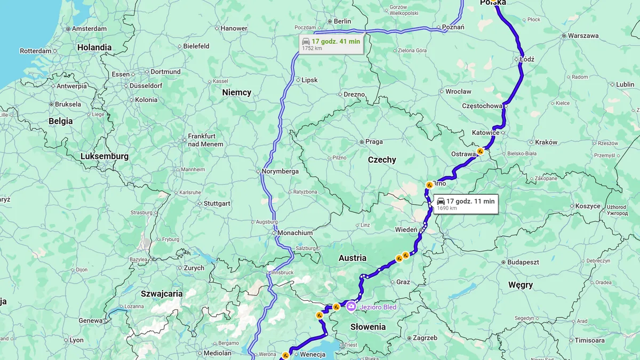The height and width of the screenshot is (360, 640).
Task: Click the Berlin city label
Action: click(342, 21)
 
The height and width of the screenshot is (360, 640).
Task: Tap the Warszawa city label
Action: click(583, 36)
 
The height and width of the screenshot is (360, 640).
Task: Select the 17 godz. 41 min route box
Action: click(331, 44)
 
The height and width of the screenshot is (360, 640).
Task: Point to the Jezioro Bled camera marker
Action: click(351, 306)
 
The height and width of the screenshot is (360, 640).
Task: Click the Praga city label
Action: click(374, 142)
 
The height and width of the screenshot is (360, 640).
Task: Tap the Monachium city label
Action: click(294, 233)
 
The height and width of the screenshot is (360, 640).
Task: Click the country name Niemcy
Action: click(236, 92)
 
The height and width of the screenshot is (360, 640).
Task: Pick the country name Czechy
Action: click(382, 159)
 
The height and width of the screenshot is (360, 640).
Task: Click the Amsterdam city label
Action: click(89, 28)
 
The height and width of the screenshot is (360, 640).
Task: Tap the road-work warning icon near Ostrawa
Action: click(480, 151)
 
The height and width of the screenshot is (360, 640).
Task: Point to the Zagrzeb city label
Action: click(425, 338)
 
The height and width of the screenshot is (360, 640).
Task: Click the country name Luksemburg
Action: click(105, 156)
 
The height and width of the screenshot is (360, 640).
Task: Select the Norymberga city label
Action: click(280, 172)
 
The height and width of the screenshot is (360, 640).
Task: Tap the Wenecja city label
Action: click(313, 354)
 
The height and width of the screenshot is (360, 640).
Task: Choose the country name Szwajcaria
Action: click(162, 293)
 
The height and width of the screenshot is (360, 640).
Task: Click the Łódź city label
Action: click(527, 59)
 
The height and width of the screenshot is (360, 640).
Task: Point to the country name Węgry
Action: click(520, 285)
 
